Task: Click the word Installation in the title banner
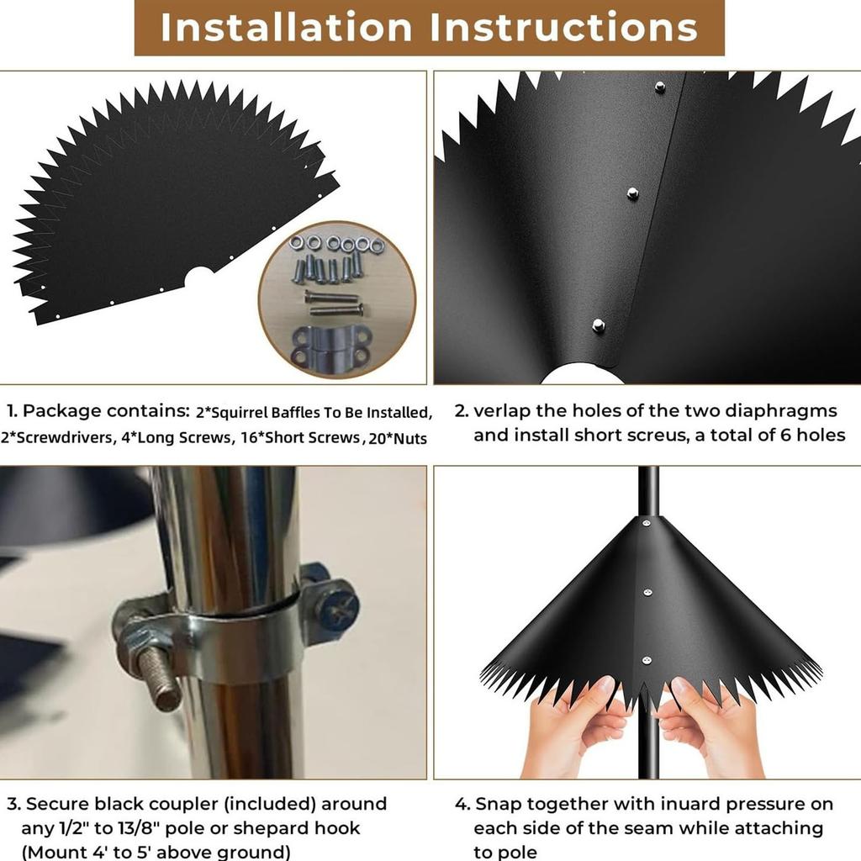[x=286, y=27]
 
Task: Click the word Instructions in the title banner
[x=563, y=27]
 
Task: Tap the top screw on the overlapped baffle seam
[x=660, y=87]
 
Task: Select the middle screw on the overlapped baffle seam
[x=632, y=193]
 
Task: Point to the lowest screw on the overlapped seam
[x=599, y=325]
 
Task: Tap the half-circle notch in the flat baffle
[x=198, y=275]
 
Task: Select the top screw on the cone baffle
[x=647, y=524]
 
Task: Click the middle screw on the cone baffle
[x=647, y=592]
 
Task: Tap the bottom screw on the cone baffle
[x=647, y=661]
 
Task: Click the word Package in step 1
[x=62, y=411]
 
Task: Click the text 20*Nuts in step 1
[x=398, y=438]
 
